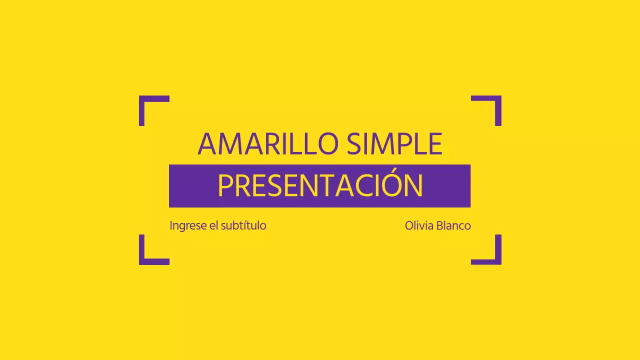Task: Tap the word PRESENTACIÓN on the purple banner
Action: click(x=320, y=186)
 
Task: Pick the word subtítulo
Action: click(x=243, y=225)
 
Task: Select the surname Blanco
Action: click(x=454, y=225)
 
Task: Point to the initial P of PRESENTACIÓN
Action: click(x=225, y=186)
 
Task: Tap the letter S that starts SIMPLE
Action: click(x=354, y=144)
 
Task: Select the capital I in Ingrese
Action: click(x=171, y=225)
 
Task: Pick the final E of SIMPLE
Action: click(x=435, y=144)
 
